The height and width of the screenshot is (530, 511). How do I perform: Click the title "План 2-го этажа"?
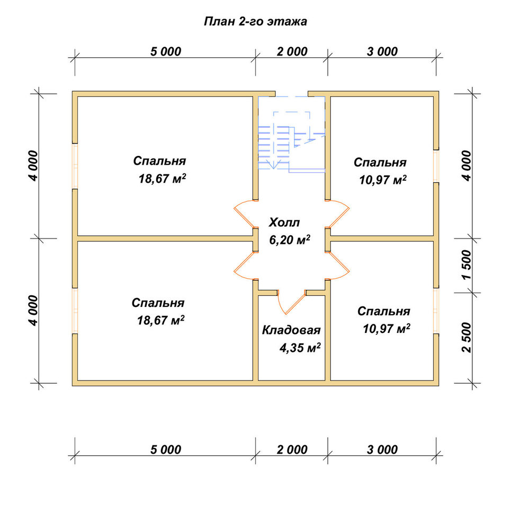(x=255, y=22)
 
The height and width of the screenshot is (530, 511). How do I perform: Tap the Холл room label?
(x=284, y=223)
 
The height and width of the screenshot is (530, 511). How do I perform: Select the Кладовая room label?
(x=291, y=330)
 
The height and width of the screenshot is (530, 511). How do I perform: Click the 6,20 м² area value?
(x=290, y=240)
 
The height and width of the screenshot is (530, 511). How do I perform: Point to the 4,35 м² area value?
(x=300, y=348)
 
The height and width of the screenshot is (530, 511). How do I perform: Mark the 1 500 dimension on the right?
(x=467, y=264)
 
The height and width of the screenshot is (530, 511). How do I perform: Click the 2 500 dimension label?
(x=467, y=337)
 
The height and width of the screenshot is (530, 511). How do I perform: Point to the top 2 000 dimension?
(x=292, y=52)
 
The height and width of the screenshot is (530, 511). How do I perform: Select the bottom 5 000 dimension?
(x=166, y=450)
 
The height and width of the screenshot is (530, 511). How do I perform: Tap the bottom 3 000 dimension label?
(x=382, y=450)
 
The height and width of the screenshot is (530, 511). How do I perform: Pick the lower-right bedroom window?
(x=436, y=311)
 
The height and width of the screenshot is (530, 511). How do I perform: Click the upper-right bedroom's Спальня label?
(x=380, y=162)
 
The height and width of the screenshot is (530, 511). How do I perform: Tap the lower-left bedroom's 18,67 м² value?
(x=161, y=320)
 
